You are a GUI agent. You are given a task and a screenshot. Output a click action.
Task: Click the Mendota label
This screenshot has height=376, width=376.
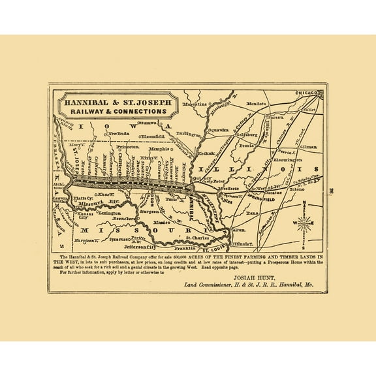coord(257,104)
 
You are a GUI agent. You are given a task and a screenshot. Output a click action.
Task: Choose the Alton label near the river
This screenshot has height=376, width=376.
coord(238,230)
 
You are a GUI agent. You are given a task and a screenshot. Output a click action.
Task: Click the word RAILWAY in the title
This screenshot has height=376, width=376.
coord(84,112)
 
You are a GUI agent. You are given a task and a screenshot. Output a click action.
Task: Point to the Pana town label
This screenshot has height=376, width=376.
coord(254,213)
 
